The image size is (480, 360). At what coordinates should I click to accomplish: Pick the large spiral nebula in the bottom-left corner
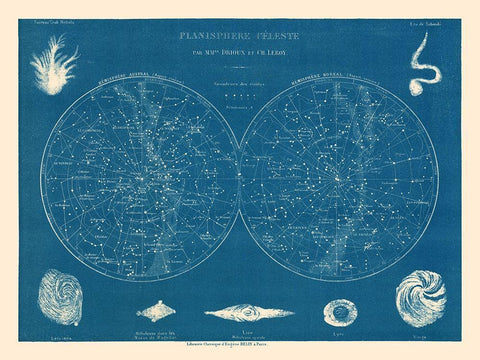pyautogui.click(x=60, y=297)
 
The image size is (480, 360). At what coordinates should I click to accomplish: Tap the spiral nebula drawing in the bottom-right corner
pyautogui.click(x=420, y=297)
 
